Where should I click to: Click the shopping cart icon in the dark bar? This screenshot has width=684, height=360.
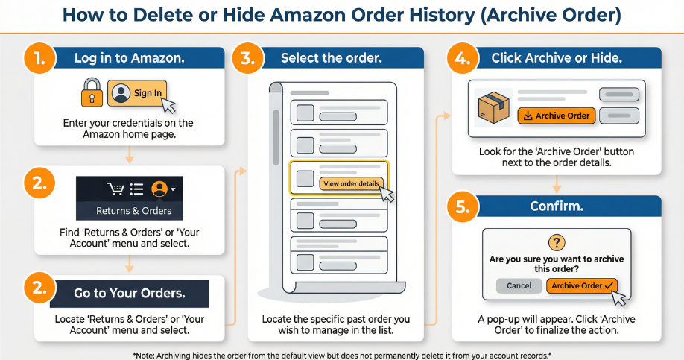[x=115, y=189]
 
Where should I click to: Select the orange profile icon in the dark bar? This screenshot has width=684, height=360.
[x=159, y=189]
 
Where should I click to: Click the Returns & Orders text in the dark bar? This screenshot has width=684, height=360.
[x=134, y=211]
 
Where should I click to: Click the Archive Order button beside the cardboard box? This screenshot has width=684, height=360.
[x=557, y=116]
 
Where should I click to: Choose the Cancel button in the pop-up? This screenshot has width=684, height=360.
[x=519, y=285]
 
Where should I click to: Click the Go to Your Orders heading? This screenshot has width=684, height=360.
[x=129, y=293]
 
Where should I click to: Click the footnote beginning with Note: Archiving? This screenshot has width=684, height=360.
[x=342, y=353]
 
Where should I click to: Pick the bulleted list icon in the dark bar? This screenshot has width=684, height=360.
[x=137, y=189]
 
